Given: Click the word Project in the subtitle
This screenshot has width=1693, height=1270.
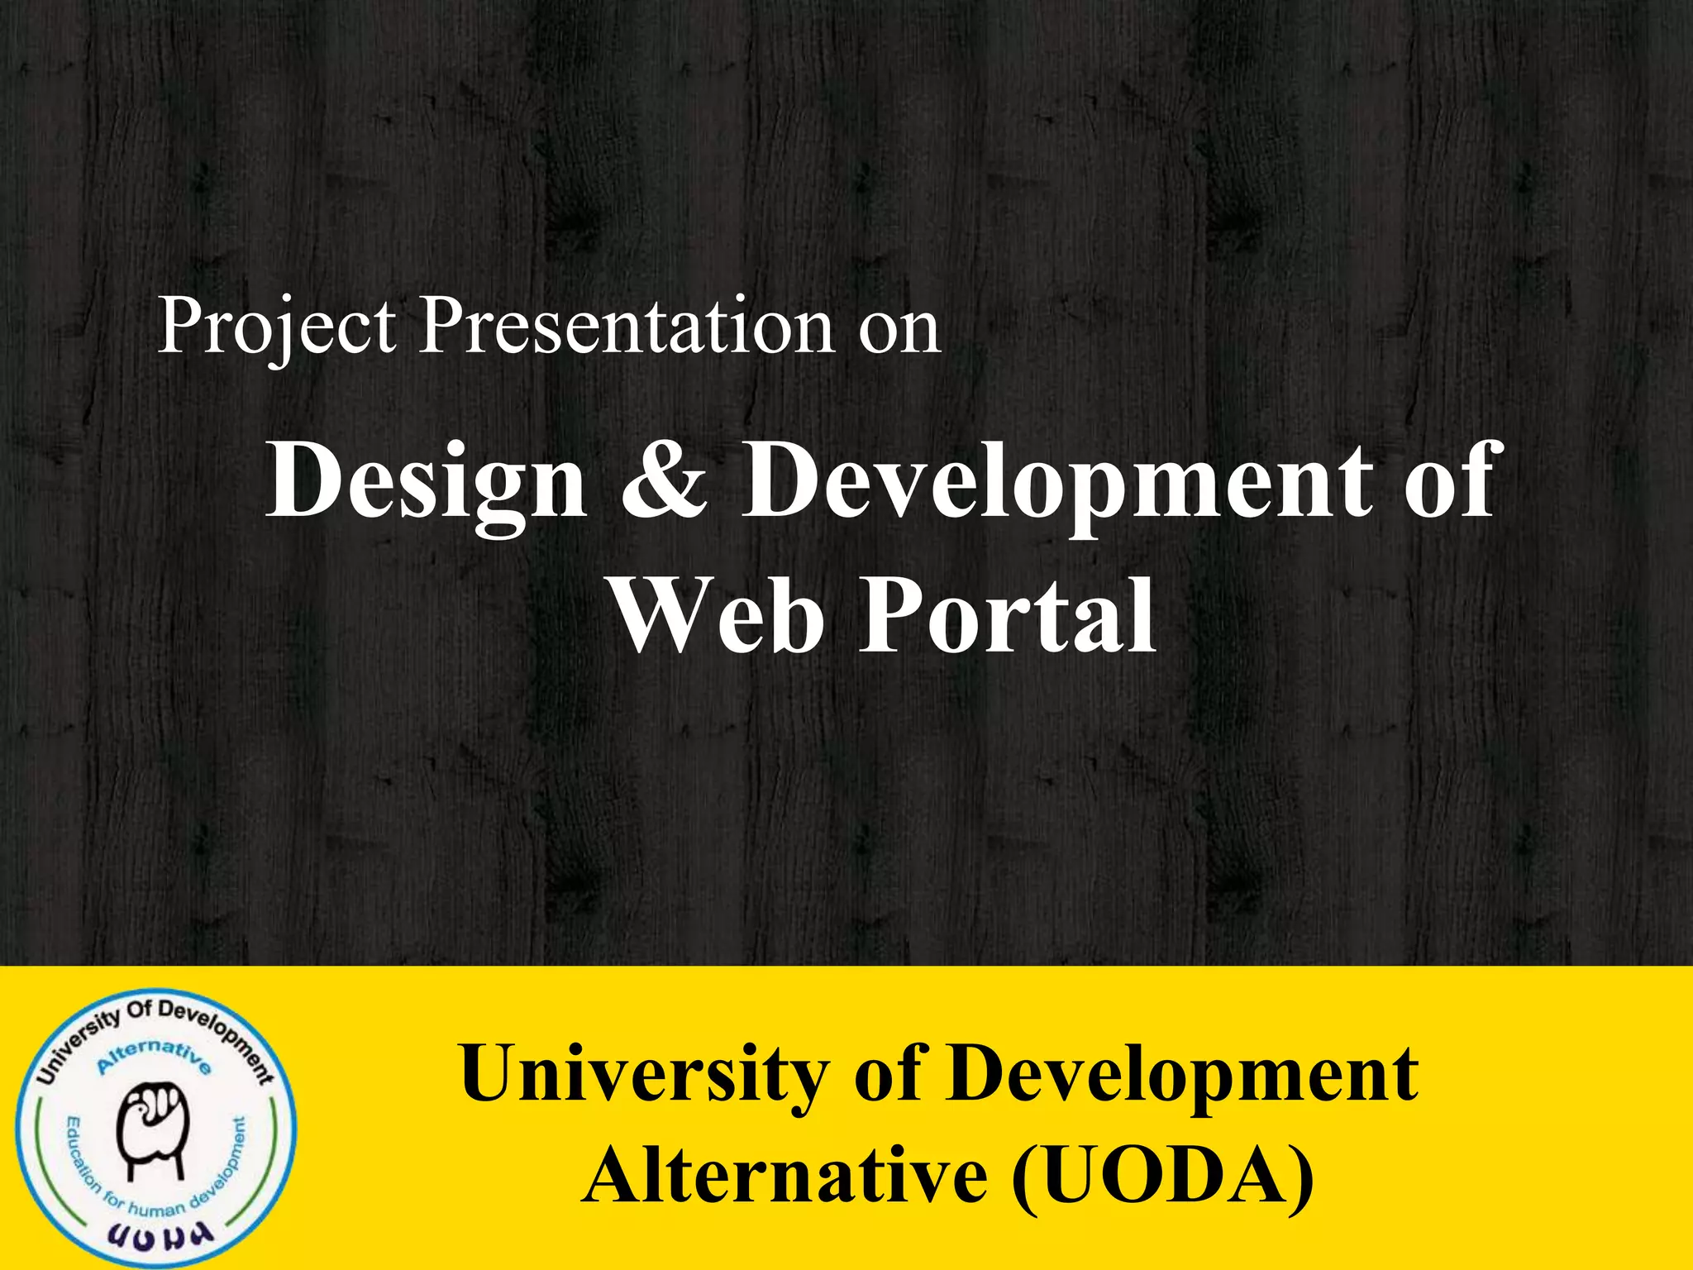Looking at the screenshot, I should pos(277,327).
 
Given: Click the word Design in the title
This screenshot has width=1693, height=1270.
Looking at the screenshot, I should pos(426,481).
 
